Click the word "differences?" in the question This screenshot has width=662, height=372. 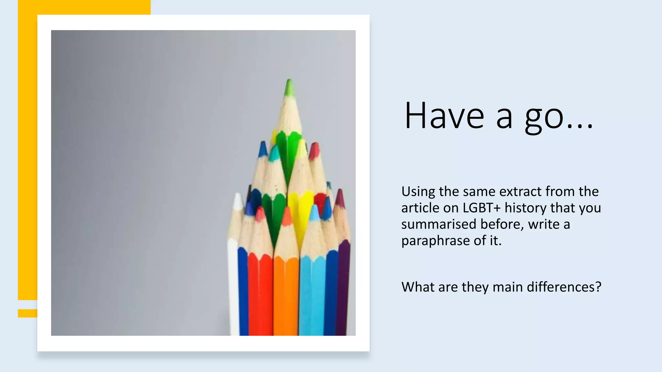coord(564,287)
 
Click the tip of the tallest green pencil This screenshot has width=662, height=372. coord(289,83)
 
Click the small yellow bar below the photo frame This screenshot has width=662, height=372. coord(27,313)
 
